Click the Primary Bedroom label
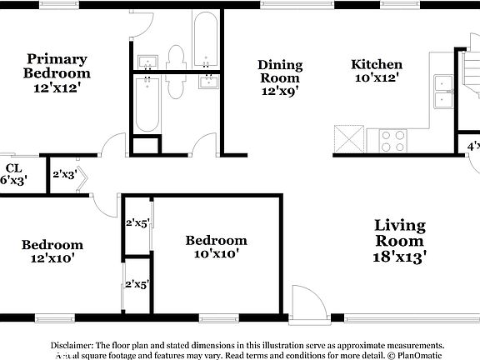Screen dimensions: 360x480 click(57, 72)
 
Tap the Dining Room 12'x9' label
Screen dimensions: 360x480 click(279, 77)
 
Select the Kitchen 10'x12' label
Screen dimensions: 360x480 click(377, 71)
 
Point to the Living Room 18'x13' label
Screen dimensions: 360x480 click(400, 241)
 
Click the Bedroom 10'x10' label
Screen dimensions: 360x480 click(216, 247)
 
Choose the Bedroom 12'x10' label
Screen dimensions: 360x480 click(52, 251)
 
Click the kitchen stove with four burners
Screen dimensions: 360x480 click(392, 141)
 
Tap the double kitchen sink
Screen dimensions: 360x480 click(442, 92)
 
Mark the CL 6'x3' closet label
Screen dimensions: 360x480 click(12, 173)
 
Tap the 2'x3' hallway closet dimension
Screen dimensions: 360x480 click(65, 175)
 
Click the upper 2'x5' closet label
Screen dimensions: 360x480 click(136, 223)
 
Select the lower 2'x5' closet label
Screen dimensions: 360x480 click(136, 284)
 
